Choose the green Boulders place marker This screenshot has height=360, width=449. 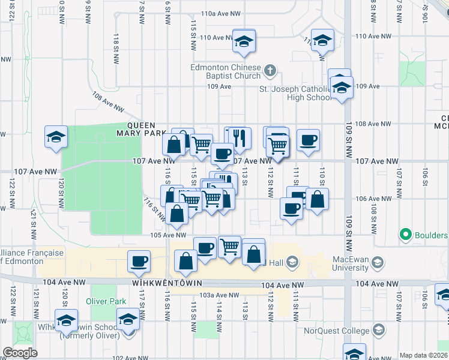point(406,235)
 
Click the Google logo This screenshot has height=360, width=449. point(20,353)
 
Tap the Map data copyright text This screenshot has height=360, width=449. point(423,355)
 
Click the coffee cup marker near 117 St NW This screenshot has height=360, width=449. point(139,262)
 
